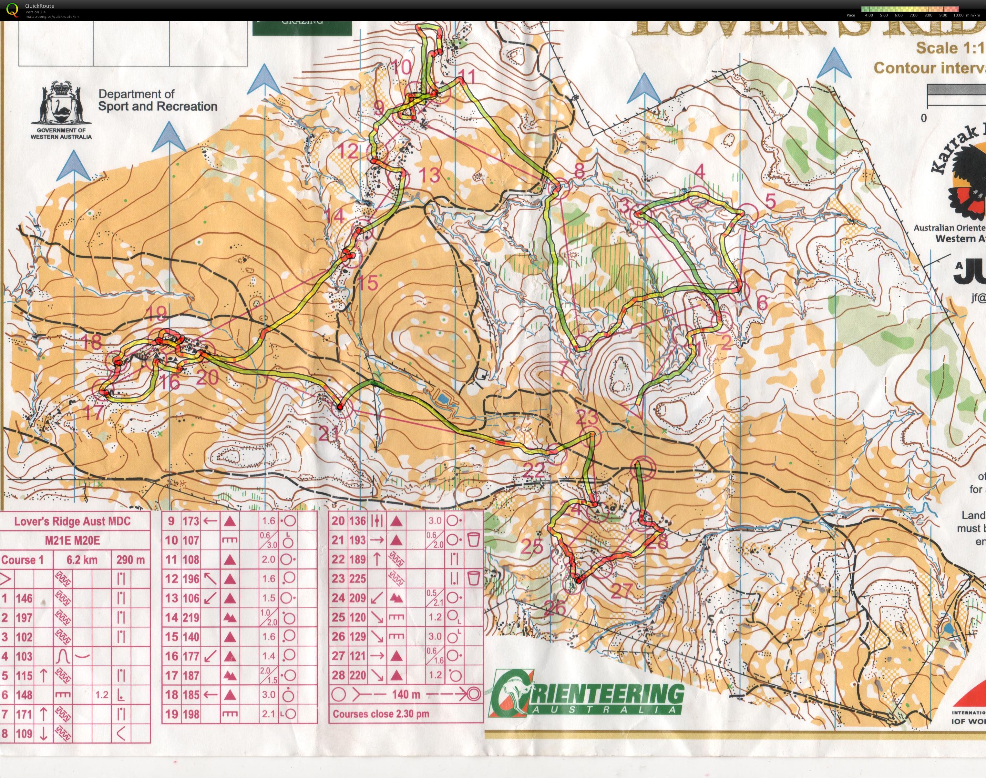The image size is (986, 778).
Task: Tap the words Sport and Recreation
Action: click(x=158, y=106)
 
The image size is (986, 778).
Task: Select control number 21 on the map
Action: click(x=329, y=433)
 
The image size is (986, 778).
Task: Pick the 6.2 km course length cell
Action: click(x=82, y=560)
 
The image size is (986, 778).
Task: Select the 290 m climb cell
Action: click(x=131, y=560)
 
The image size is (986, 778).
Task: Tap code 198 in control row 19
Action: click(x=190, y=714)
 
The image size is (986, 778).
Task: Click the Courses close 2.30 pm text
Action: click(x=381, y=714)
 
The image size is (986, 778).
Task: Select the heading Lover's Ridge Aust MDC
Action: click(x=72, y=521)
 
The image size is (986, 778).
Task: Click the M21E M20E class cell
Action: click(x=72, y=541)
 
